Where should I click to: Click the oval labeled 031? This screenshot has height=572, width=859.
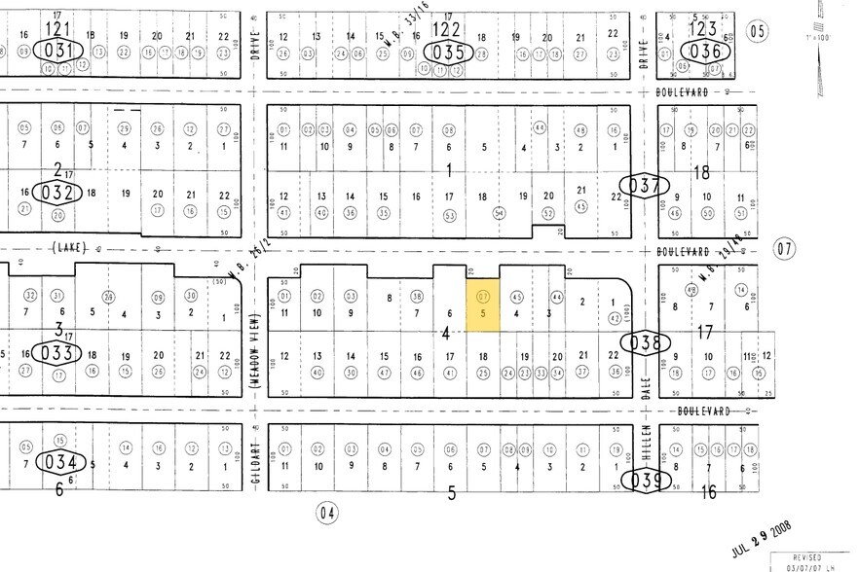pyautogui.click(x=52, y=50)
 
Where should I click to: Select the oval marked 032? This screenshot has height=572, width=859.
pyautogui.click(x=52, y=193)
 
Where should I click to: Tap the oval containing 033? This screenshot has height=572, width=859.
pyautogui.click(x=52, y=352)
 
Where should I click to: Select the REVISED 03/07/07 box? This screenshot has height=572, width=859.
pyautogui.click(x=813, y=561)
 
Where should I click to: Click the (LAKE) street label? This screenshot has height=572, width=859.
pyautogui.click(x=67, y=249)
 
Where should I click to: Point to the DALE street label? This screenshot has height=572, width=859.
pyautogui.click(x=646, y=390)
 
